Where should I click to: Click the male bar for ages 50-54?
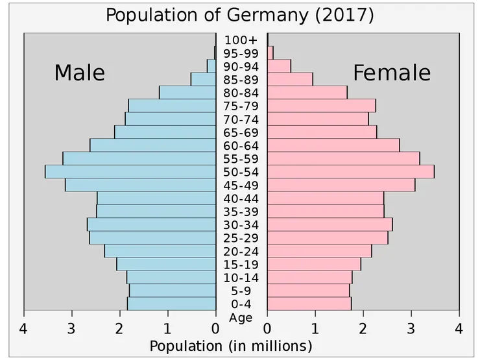click(130, 172)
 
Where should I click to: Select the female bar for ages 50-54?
click(350, 172)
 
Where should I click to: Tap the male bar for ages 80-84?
click(187, 93)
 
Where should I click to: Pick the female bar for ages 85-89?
click(290, 79)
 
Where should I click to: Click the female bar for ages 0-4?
click(309, 304)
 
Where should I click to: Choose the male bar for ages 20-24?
click(160, 251)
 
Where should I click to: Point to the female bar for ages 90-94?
click(279, 66)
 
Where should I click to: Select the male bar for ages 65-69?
click(165, 132)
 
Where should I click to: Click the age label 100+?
click(241, 40)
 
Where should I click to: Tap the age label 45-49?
click(241, 186)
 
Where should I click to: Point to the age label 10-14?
click(241, 278)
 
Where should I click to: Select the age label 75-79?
click(241, 106)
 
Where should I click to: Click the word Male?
click(79, 73)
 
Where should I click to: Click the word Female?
click(391, 73)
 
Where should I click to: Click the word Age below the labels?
click(241, 318)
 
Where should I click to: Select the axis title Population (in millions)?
click(231, 346)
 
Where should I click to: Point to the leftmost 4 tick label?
click(24, 329)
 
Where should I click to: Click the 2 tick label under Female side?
click(363, 329)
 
